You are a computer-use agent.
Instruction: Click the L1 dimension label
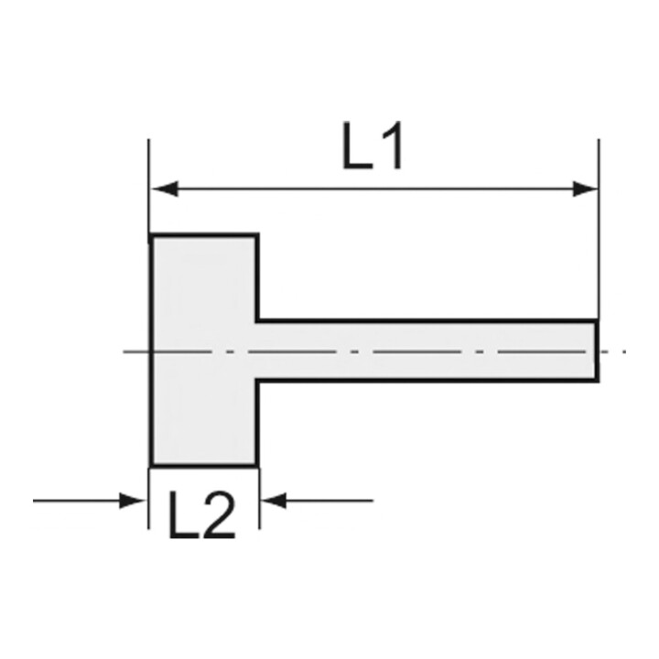(373, 146)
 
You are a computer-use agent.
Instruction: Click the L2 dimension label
(201, 515)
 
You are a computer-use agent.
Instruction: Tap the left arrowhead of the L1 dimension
(165, 189)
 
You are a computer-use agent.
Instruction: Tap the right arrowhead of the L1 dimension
(585, 189)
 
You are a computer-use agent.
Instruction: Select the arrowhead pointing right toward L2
(133, 501)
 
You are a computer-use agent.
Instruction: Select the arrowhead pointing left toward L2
(274, 501)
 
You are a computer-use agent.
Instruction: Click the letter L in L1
(358, 146)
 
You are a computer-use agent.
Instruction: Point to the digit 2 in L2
(219, 515)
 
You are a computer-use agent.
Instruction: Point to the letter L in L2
(183, 515)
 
